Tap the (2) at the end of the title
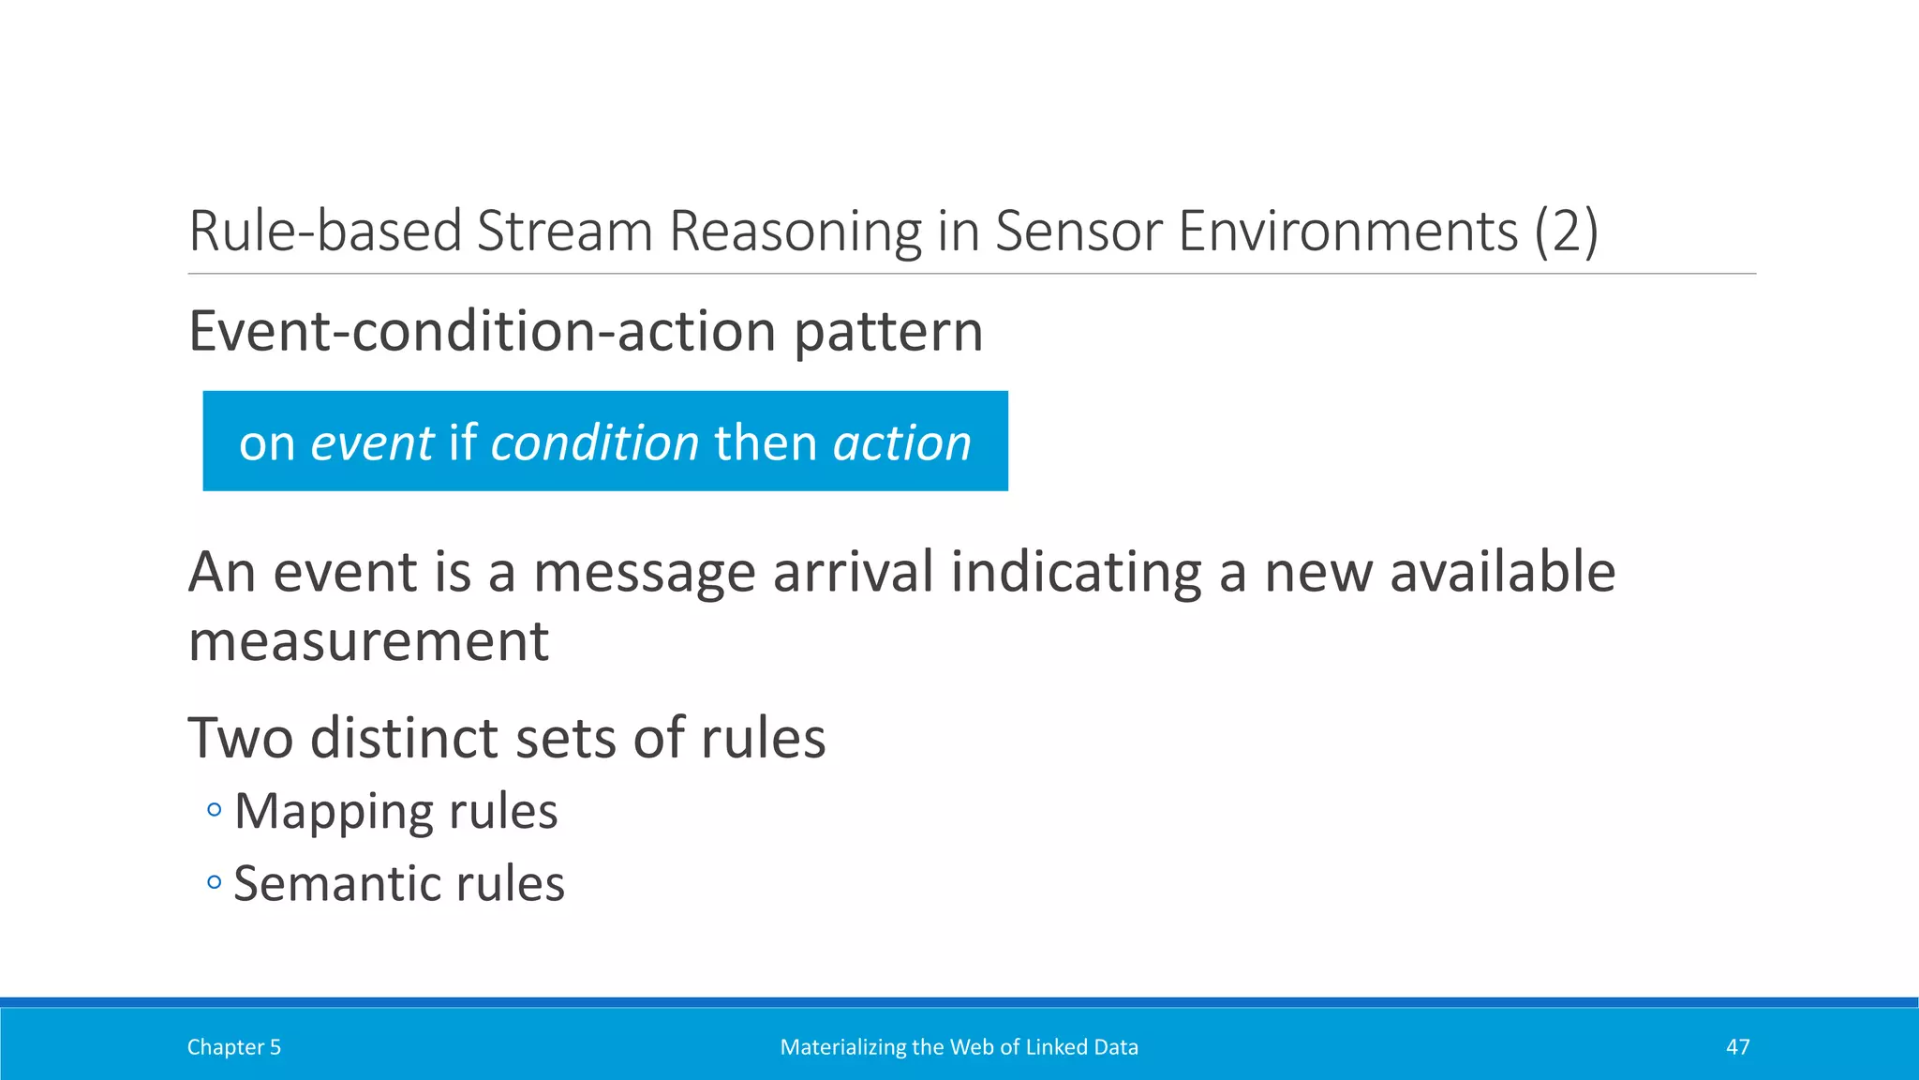tap(1566, 231)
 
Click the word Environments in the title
tap(1347, 231)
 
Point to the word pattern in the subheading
tap(888, 332)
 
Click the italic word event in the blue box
tap(372, 442)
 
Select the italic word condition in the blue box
tap(594, 442)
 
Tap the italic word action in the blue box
tap(901, 442)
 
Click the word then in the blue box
tap(766, 442)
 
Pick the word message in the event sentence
tap(644, 572)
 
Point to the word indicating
tap(1076, 572)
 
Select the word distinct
tap(405, 738)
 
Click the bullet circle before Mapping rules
tap(215, 809)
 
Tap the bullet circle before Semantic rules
tap(215, 882)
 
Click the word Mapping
tap(333, 812)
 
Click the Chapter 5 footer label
tap(234, 1047)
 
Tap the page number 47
tap(1737, 1047)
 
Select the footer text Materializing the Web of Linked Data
tap(959, 1047)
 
